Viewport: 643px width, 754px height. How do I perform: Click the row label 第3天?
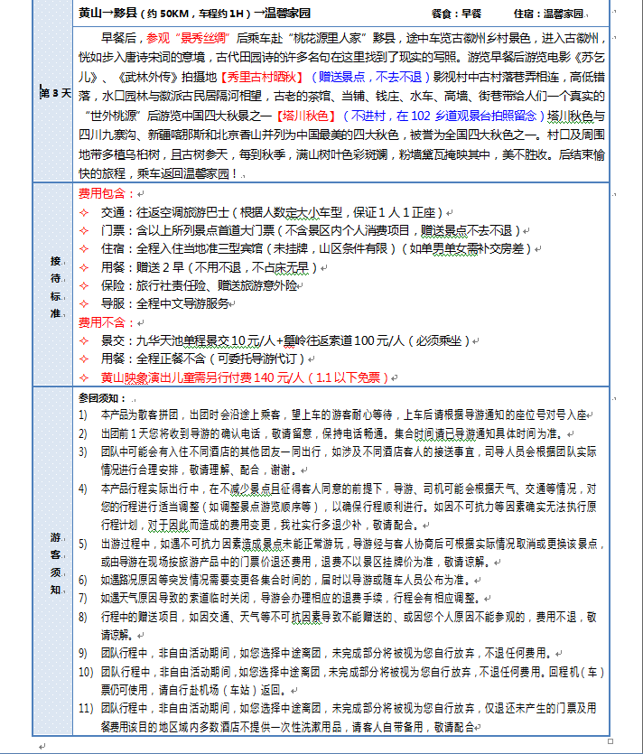coord(53,94)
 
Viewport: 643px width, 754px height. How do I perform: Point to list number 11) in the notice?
coord(85,707)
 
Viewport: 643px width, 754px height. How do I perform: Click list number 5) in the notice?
coord(83,544)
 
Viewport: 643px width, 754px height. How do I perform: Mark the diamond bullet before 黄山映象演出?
coord(85,377)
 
